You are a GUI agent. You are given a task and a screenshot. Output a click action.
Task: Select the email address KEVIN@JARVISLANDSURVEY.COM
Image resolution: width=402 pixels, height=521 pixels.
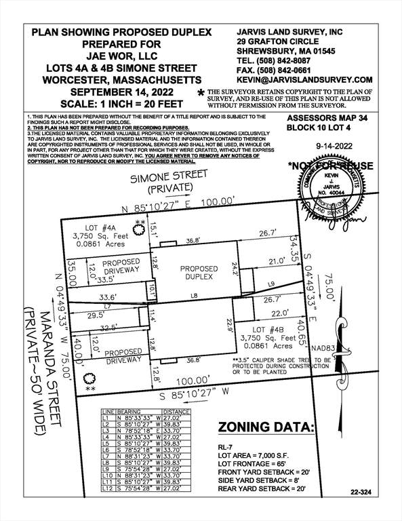304,79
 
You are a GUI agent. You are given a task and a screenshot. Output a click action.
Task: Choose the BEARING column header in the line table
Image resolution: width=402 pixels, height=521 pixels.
129,412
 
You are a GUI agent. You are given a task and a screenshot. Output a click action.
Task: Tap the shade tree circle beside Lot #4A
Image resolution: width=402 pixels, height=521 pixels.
139,229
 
